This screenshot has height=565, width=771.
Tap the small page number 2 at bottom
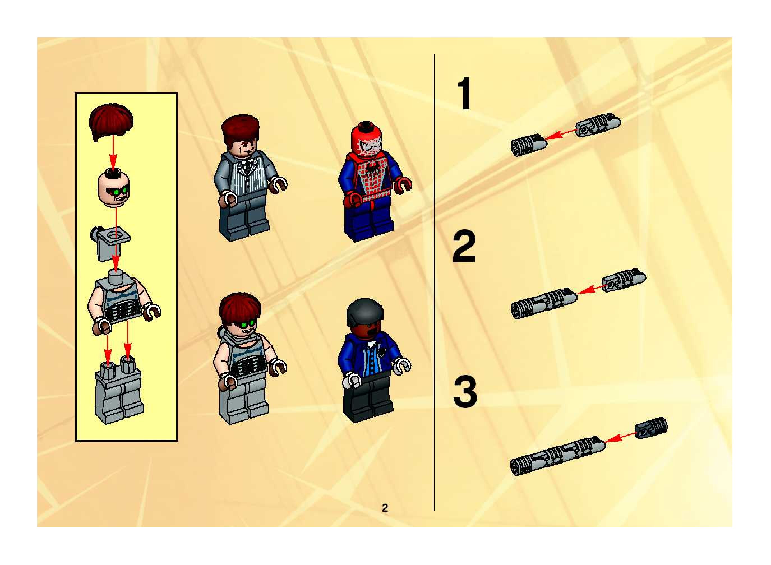pos(385,508)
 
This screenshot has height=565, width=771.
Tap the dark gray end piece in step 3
pos(651,427)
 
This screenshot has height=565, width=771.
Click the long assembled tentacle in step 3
pos(558,456)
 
